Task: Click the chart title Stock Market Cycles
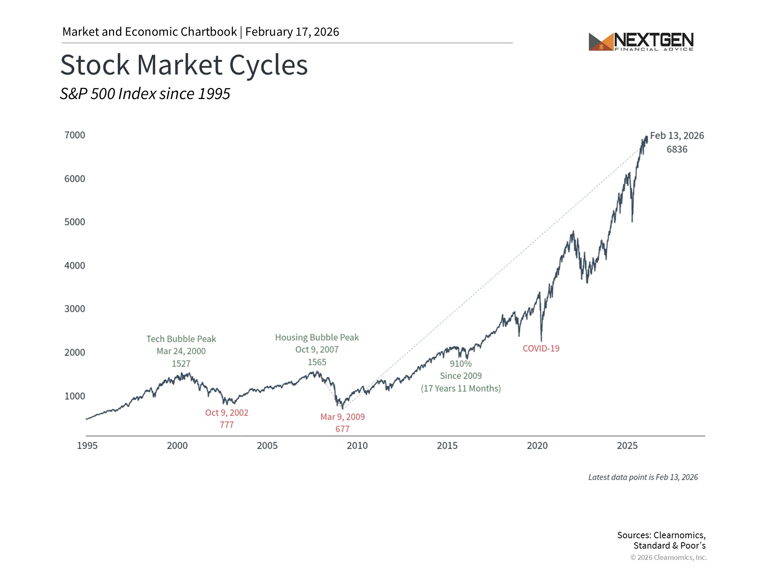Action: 184,65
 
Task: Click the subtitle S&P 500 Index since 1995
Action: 145,94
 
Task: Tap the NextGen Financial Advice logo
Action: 641,42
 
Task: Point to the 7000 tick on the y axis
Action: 75,135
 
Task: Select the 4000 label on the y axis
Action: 75,266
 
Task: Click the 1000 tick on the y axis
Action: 75,396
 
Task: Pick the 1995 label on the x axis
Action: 87,446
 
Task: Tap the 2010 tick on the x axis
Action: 357,446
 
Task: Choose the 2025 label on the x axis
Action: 627,446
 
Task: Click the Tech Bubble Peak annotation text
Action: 181,339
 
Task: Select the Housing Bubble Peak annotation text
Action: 317,337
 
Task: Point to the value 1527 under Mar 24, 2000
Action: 181,364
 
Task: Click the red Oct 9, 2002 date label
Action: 227,412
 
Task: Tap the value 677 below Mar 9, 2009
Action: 342,429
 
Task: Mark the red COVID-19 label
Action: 541,349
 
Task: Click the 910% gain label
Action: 461,364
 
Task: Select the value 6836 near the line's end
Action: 677,149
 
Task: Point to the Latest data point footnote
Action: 643,477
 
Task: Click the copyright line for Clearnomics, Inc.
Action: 668,557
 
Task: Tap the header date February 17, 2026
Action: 292,32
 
